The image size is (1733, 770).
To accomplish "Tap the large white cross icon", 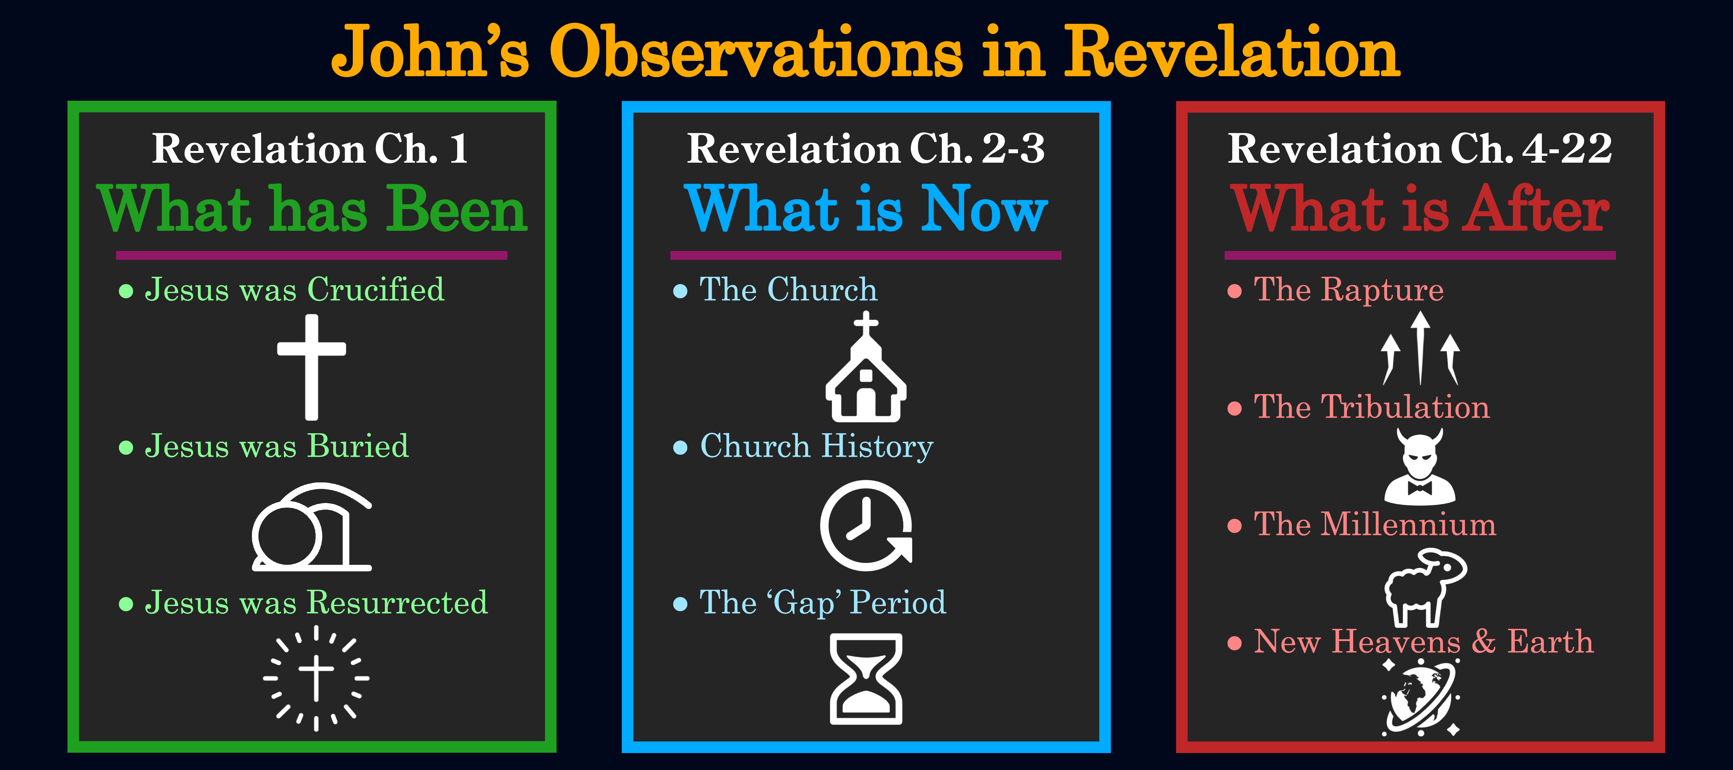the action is (x=311, y=366).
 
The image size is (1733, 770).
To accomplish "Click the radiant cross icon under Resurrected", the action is (x=316, y=678).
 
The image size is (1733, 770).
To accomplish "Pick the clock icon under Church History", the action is (x=866, y=525).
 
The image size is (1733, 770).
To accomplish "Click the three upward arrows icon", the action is (x=1420, y=348).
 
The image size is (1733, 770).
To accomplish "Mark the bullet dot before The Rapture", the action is (x=1234, y=291).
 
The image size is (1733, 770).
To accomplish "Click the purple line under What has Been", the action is (x=311, y=256).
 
